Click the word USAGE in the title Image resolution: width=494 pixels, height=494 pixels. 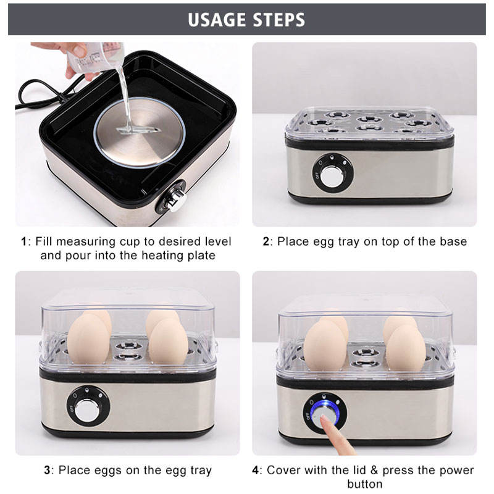217,20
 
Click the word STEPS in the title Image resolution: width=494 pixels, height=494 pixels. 279,20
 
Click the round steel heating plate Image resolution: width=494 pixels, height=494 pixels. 140,132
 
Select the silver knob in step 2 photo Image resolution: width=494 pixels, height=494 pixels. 332,175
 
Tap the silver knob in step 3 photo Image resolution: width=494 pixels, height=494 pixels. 88,409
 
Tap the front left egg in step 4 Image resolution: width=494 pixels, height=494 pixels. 325,346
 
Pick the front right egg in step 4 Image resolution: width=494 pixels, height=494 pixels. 406,348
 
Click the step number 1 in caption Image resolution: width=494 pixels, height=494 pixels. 23,241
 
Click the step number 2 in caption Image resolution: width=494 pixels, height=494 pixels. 266,241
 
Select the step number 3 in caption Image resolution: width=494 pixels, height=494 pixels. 47,471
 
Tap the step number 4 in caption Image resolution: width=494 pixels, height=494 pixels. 256,471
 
